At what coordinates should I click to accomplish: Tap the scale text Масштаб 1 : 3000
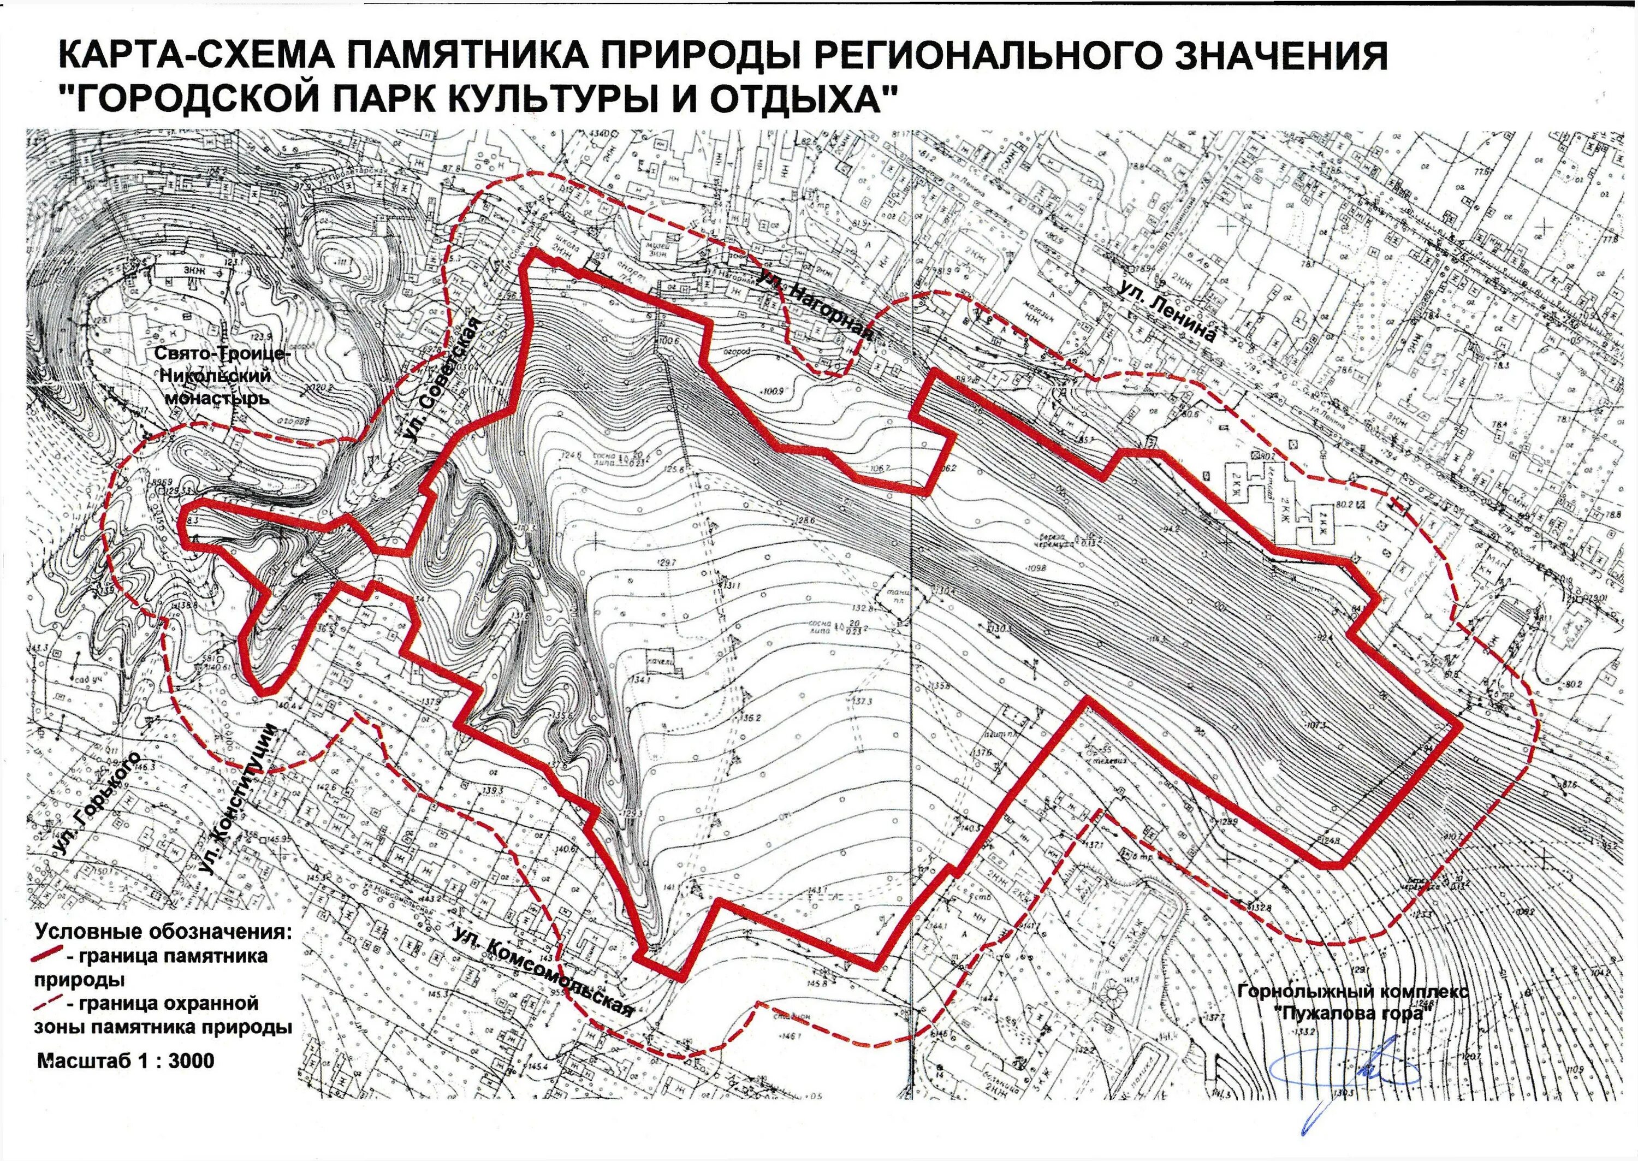(x=126, y=1060)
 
